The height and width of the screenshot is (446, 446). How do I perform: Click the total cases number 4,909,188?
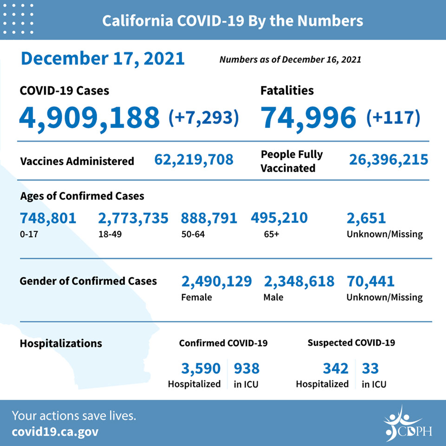pyautogui.click(x=89, y=118)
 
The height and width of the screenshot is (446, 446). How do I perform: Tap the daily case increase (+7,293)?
pyautogui.click(x=203, y=118)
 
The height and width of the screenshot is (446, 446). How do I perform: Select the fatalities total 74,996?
pyautogui.click(x=308, y=118)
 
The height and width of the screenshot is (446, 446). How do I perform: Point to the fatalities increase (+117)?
pyautogui.click(x=393, y=118)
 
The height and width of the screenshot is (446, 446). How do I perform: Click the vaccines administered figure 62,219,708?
pyautogui.click(x=194, y=160)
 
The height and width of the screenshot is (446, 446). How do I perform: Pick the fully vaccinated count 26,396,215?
pyautogui.click(x=388, y=160)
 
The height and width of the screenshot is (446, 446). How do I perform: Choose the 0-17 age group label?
pyautogui.click(x=29, y=234)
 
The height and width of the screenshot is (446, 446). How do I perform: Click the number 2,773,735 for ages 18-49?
pyautogui.click(x=133, y=218)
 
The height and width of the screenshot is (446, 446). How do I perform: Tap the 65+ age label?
pyautogui.click(x=271, y=234)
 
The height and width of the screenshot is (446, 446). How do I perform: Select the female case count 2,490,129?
pyautogui.click(x=216, y=282)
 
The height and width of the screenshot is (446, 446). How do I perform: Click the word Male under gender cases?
pyautogui.click(x=273, y=297)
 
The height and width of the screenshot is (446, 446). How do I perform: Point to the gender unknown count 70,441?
pyautogui.click(x=370, y=282)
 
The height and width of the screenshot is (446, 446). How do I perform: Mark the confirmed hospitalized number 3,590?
pyautogui.click(x=201, y=368)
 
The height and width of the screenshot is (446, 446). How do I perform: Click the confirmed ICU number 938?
pyautogui.click(x=247, y=368)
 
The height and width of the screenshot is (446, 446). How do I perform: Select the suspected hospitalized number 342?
pyautogui.click(x=335, y=368)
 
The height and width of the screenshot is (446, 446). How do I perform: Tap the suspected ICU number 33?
pyautogui.click(x=370, y=368)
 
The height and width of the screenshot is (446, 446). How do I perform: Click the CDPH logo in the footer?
pyautogui.click(x=407, y=424)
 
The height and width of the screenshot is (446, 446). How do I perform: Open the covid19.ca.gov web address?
pyautogui.click(x=55, y=432)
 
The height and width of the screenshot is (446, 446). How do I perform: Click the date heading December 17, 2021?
pyautogui.click(x=103, y=59)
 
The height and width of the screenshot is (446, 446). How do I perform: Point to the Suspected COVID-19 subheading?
pyautogui.click(x=351, y=343)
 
